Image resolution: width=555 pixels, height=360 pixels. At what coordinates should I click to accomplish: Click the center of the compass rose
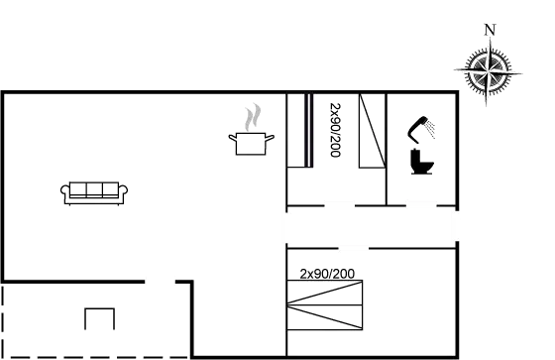tap(489, 70)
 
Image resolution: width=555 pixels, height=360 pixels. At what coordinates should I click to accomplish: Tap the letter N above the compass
tap(489, 29)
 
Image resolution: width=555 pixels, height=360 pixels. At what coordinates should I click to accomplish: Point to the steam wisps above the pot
tap(253, 116)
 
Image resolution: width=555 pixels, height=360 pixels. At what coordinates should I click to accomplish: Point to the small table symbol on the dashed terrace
tap(99, 318)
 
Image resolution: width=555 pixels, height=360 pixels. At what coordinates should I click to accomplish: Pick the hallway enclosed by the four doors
tap(372, 227)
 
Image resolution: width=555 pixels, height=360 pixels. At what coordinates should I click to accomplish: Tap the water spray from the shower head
tap(432, 131)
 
